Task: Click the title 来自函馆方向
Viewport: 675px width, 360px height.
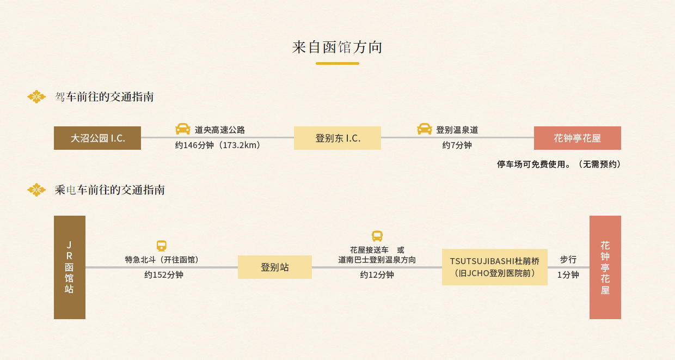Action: coord(337,47)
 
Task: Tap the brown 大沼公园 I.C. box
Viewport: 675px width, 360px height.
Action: coord(97,138)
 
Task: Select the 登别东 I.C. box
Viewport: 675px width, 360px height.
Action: coord(337,138)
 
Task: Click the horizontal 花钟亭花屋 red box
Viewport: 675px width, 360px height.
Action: coord(578,138)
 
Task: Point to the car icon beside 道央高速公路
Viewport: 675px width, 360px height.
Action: coord(183,129)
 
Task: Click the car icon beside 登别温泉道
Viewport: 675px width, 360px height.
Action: coord(424,129)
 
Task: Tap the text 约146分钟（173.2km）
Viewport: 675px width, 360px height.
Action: coord(218,145)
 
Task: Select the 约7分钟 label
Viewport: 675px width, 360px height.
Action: coord(457,145)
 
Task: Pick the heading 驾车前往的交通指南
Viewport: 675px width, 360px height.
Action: coord(105,97)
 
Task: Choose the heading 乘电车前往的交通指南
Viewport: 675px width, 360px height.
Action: coord(110,190)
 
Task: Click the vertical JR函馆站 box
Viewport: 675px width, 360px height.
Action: coord(70,267)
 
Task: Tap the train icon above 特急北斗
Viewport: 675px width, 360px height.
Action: coord(162,246)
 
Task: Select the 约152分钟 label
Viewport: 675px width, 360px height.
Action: coord(164,275)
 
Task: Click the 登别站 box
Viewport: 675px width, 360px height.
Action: coord(275,267)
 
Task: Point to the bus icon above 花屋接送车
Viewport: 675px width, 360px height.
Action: coord(377,236)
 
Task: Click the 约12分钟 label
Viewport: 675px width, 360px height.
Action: coord(377,275)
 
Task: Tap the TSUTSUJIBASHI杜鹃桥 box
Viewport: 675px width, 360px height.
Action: coord(495,267)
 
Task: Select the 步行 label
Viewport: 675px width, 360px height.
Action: coord(568,260)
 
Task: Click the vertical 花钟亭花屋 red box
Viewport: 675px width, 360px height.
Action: coord(605,267)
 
